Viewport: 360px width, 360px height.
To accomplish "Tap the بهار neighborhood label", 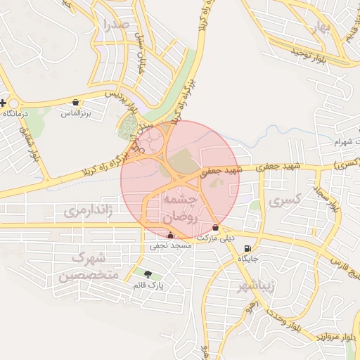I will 322,27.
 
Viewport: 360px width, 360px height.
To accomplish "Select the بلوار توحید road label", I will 310,51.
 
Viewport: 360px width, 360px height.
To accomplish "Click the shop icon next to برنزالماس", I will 75,103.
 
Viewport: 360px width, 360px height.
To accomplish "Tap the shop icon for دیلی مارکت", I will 215,228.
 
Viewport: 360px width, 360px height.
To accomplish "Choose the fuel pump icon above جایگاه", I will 247,249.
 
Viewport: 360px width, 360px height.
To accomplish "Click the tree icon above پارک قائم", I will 147,274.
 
